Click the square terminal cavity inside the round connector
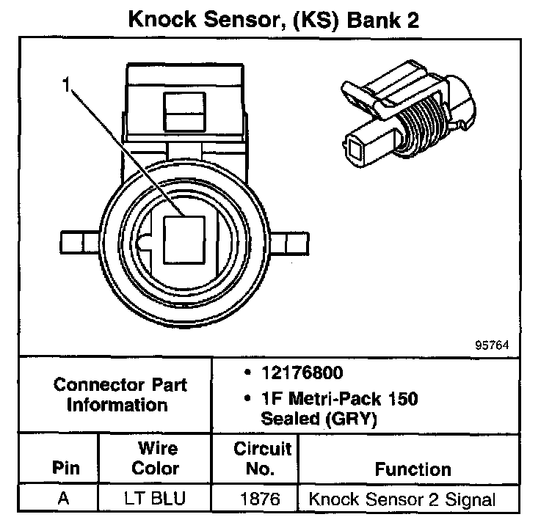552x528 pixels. click(x=185, y=241)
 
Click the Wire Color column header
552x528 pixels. click(x=157, y=458)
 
